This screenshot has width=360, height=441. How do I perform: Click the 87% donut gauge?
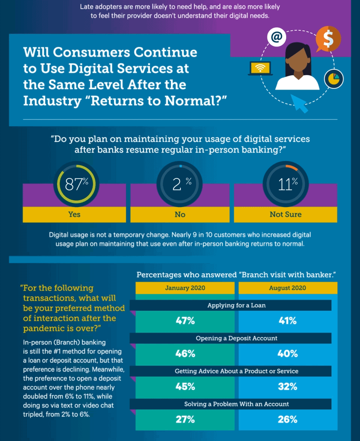click(76, 184)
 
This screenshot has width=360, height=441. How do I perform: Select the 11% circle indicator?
click(285, 184)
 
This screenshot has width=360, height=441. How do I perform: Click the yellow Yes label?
click(74, 214)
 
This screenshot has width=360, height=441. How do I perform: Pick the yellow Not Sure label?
click(285, 214)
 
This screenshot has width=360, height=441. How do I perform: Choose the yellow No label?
click(180, 214)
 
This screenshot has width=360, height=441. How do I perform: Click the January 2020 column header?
click(185, 288)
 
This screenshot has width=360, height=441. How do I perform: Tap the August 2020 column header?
click(287, 288)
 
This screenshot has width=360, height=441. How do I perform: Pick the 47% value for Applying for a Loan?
click(185, 321)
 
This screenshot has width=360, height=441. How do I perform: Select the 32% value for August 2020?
click(287, 386)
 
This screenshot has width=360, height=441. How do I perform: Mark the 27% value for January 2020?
click(185, 419)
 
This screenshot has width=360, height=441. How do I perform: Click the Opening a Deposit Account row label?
click(236, 338)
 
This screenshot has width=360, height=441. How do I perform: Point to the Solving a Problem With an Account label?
click(236, 404)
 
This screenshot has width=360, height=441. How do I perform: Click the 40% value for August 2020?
click(287, 354)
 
